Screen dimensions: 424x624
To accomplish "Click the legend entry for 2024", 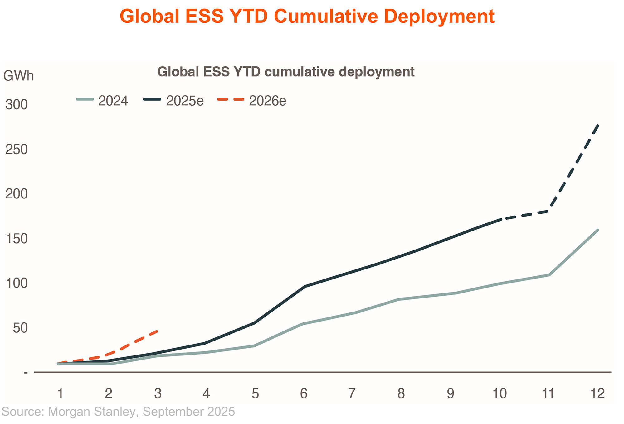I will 102,101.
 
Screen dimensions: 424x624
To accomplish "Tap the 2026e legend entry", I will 252,101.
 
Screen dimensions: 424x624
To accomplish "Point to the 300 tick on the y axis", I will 17,105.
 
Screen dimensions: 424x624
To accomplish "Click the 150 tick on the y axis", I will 17,239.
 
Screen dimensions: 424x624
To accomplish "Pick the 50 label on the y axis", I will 20,328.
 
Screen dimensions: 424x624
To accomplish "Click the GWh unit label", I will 18,76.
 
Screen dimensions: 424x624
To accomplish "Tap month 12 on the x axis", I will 597,393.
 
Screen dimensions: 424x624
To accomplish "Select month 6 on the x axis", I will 304,393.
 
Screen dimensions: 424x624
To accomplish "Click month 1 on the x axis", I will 60,393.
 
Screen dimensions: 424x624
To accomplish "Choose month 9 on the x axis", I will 450,393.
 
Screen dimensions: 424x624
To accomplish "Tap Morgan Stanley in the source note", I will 92,412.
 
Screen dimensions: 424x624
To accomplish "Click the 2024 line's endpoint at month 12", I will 597,230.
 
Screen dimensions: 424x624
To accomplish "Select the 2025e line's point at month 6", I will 304,286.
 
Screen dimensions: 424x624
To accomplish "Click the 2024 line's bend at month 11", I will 549,275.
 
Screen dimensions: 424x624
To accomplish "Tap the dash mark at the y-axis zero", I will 26,373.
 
